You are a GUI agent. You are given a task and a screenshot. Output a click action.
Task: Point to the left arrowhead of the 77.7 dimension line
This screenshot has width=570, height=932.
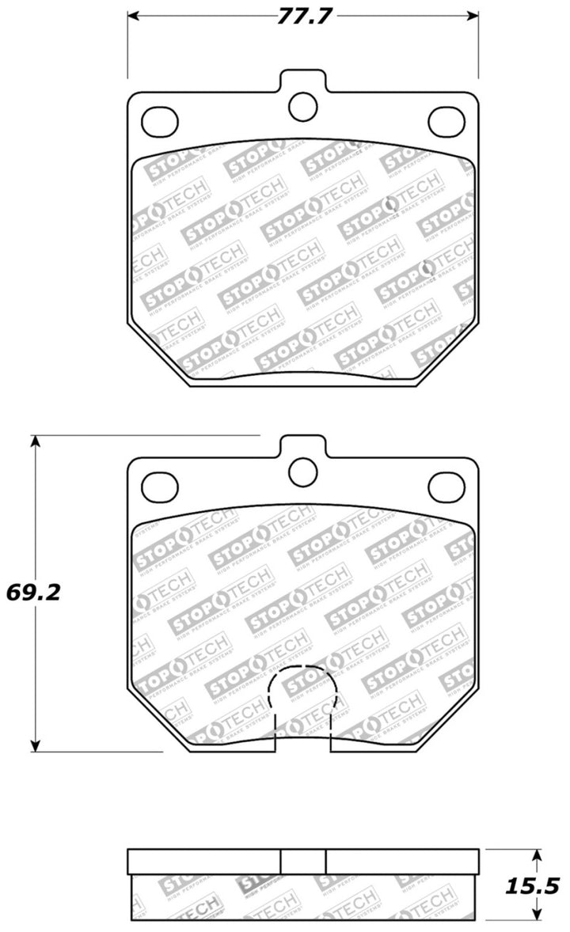134,17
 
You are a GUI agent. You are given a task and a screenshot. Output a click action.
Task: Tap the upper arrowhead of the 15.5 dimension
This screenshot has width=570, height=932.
536,856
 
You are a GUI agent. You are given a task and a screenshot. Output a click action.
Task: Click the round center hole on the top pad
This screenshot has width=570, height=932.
302,107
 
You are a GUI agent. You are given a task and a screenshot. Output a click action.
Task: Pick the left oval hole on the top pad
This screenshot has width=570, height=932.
159,120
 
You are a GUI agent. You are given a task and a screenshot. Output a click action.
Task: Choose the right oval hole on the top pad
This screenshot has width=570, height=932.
446,120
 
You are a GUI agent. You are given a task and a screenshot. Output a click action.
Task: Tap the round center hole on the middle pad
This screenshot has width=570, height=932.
302,472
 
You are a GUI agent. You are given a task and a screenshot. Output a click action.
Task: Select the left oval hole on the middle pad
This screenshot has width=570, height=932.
159,485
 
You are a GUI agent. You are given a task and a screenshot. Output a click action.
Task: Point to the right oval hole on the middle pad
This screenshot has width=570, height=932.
446,485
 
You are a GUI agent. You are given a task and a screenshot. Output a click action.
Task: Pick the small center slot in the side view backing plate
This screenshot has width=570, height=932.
303,861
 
